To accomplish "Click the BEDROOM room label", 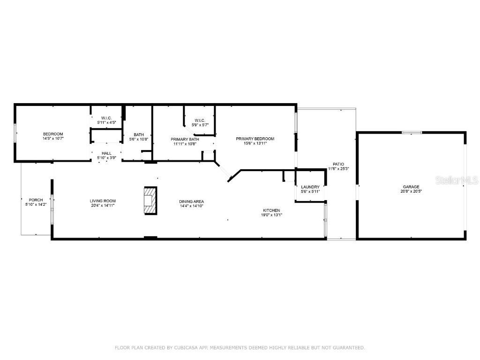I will (x=52, y=134).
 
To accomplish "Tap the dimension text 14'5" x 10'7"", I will (x=52, y=139).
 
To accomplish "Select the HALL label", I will (x=106, y=153).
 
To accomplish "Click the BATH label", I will (x=138, y=135).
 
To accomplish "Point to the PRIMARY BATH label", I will (x=185, y=139).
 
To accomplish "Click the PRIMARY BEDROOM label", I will (x=255, y=139).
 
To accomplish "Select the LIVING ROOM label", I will (x=102, y=201).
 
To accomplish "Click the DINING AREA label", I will (x=191, y=202).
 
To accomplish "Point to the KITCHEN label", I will (x=271, y=210).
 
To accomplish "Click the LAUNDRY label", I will (x=310, y=187).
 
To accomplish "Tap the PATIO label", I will (x=338, y=164).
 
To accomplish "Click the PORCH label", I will (x=36, y=200).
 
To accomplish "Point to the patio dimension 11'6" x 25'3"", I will (x=338, y=169).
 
